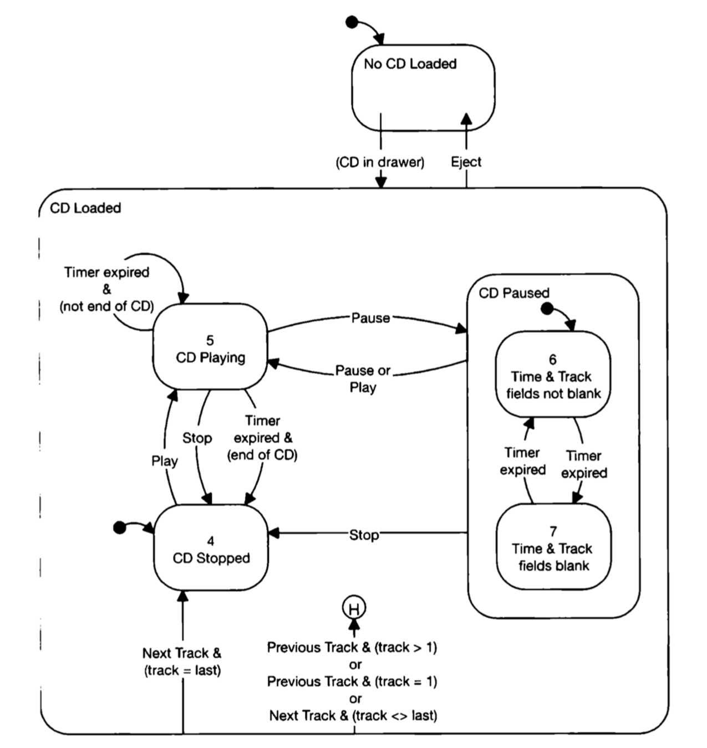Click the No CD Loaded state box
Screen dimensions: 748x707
pyautogui.click(x=423, y=88)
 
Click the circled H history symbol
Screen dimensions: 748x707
pyautogui.click(x=354, y=608)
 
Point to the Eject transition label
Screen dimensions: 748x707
pyautogui.click(x=466, y=162)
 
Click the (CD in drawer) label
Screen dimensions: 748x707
pyautogui.click(x=380, y=162)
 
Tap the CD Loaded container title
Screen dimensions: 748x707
pyautogui.click(x=85, y=208)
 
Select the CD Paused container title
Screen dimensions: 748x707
pyautogui.click(x=514, y=293)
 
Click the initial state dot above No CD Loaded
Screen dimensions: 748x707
pyautogui.click(x=351, y=22)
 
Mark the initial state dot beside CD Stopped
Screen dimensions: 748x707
pyautogui.click(x=119, y=527)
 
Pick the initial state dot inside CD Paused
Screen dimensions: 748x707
pyautogui.click(x=547, y=309)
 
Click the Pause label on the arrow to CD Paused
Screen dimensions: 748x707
pyautogui.click(x=370, y=318)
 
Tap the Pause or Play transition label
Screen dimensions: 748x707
pyautogui.click(x=363, y=379)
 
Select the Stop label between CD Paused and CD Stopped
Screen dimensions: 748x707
pyautogui.click(x=364, y=535)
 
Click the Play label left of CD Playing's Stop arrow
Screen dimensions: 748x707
pyautogui.click(x=164, y=461)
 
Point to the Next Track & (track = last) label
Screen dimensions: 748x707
pyautogui.click(x=182, y=662)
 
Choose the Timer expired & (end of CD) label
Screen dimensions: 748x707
pyautogui.click(x=262, y=438)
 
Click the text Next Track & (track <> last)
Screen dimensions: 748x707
pyautogui.click(x=353, y=715)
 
